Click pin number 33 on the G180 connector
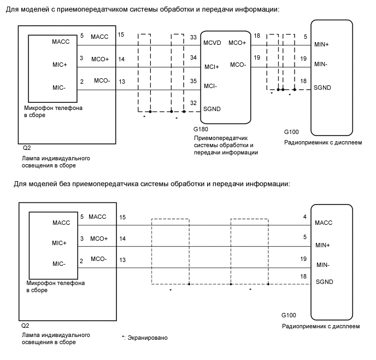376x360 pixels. (x=193, y=38)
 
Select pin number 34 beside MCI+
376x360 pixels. (x=193, y=57)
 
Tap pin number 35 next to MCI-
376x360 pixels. (x=193, y=80)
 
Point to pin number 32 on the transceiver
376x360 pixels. (x=193, y=103)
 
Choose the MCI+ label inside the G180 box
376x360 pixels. (x=211, y=67)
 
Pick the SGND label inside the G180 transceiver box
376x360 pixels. (x=211, y=109)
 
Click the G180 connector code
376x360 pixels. (x=201, y=130)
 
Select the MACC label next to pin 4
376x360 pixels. (x=324, y=223)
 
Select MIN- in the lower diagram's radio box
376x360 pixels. (x=325, y=265)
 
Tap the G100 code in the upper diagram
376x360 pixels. (x=292, y=132)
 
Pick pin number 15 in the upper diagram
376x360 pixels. (x=121, y=35)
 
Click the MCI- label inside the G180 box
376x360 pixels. (x=210, y=86)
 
